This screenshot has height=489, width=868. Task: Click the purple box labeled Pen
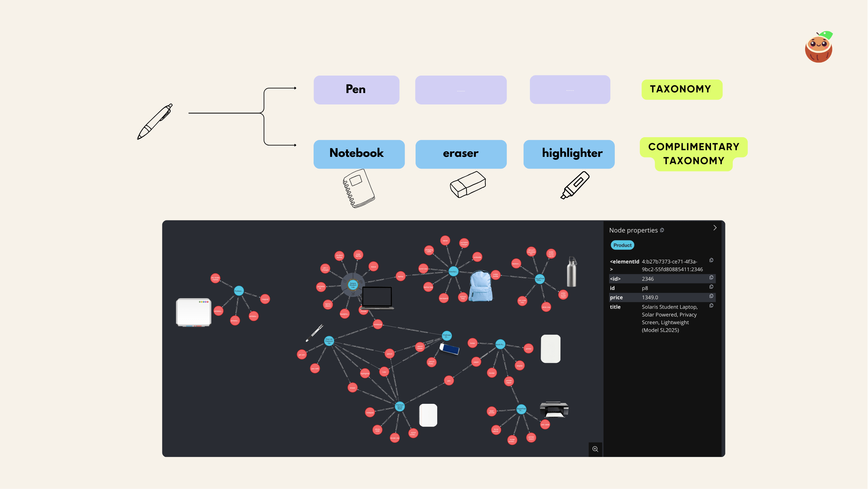pos(356,90)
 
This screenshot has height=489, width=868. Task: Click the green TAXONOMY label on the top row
pos(681,89)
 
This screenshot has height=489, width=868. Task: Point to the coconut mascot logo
pos(818,48)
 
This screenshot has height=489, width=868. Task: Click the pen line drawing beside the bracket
pos(155,122)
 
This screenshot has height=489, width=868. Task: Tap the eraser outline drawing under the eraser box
pos(468,184)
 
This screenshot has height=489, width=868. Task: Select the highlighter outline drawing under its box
pos(575,185)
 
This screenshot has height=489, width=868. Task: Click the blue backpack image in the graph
pos(481,286)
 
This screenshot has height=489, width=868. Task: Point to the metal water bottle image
pos(572,272)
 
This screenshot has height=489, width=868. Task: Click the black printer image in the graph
pos(554,409)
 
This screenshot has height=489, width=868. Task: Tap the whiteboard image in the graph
pos(193,312)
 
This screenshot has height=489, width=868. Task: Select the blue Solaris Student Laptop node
pos(353,285)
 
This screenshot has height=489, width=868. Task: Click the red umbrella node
pos(477,257)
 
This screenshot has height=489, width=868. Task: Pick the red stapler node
pos(519,365)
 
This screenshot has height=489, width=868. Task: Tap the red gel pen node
pos(302,354)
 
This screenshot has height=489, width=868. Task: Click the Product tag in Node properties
pos(622,245)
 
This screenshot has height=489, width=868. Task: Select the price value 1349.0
pos(650,298)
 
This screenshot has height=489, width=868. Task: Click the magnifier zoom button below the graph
pos(595,449)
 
